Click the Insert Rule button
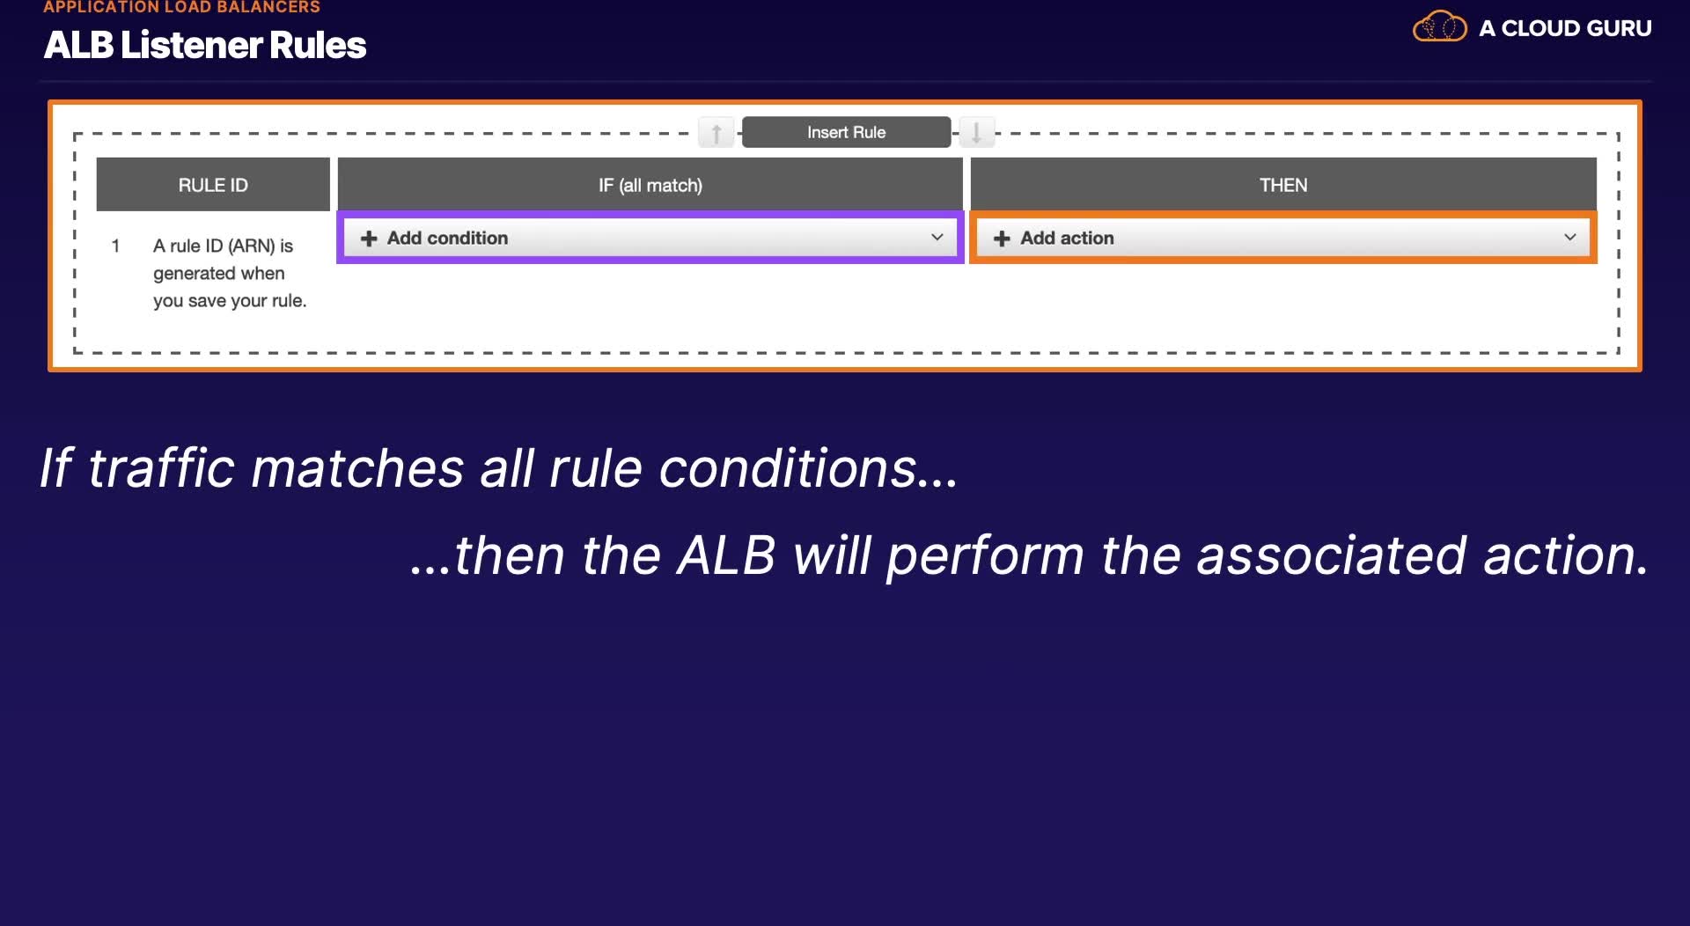846,132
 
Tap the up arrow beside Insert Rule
716,133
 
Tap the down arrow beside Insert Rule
976,133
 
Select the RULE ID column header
213,185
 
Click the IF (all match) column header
650,185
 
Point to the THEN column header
1283,185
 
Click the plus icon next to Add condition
369,239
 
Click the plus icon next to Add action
1002,239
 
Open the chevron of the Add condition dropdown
937,238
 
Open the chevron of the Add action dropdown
1569,238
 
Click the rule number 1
115,246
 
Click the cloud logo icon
1440,26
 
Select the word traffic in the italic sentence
161,467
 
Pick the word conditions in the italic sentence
808,467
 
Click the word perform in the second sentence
985,556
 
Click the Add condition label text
447,239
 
